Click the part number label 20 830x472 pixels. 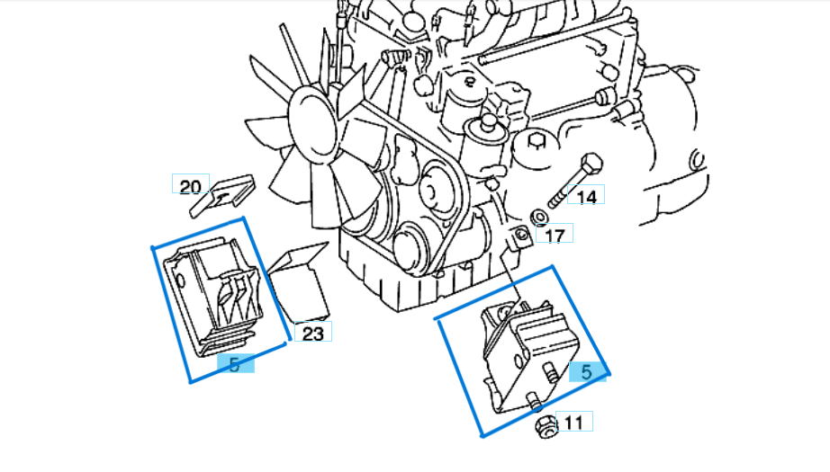[x=190, y=186]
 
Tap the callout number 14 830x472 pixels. [x=587, y=195]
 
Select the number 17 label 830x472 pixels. [x=555, y=236]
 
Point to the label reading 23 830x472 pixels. [x=312, y=334]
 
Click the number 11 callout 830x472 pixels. [x=573, y=422]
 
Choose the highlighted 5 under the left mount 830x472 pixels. [x=234, y=364]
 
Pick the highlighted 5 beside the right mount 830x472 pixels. [x=586, y=371]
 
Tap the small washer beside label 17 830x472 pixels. [x=537, y=218]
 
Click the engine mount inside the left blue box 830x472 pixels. [x=217, y=292]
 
